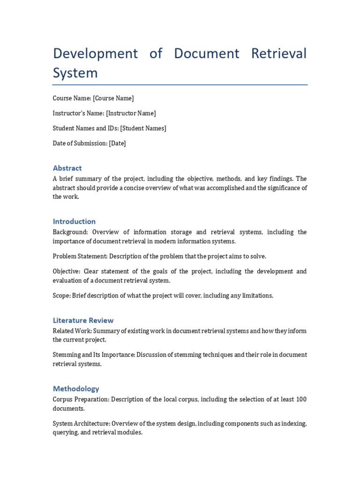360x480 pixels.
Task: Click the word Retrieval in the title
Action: tap(278, 53)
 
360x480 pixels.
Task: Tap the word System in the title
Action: tap(75, 73)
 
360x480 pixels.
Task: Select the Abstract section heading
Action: tap(67, 168)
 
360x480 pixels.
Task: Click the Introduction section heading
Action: tap(74, 221)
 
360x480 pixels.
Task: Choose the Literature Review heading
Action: tap(83, 320)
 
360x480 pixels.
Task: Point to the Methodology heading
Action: tap(76, 389)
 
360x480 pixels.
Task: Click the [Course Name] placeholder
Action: tap(113, 98)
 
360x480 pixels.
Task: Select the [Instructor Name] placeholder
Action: tap(131, 113)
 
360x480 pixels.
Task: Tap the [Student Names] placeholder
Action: tap(143, 128)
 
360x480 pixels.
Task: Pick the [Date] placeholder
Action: tap(117, 143)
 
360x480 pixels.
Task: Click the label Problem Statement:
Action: tap(80, 256)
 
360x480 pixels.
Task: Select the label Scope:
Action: tap(61, 296)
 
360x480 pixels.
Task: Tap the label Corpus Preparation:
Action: tap(81, 399)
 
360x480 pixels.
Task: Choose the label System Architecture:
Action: tap(81, 424)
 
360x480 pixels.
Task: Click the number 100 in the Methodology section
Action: tap(301, 399)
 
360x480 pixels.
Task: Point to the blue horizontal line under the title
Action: tap(180, 85)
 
